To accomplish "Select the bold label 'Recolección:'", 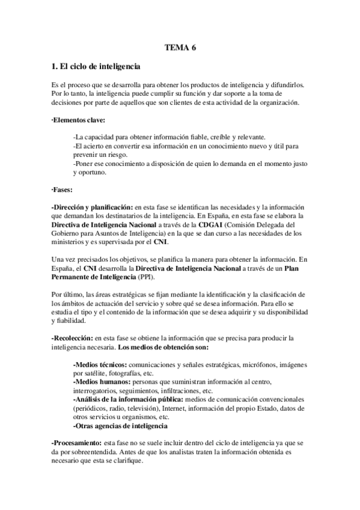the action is (76, 338).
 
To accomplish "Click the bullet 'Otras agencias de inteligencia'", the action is (120, 425).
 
